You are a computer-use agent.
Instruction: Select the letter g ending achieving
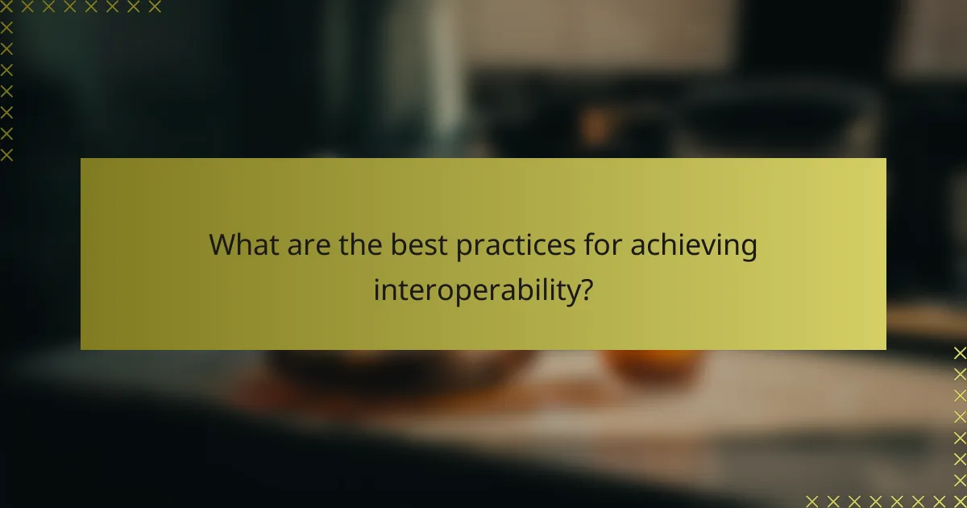point(748,249)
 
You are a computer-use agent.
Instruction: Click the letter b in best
point(398,245)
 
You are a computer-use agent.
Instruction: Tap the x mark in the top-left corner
point(6,7)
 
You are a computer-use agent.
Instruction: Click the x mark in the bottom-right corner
point(959,500)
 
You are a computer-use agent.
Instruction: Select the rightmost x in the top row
point(155,7)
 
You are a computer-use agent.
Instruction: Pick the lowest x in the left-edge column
point(6,154)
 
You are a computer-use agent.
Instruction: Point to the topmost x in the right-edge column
point(959,353)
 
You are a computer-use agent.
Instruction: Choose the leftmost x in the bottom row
point(811,500)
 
